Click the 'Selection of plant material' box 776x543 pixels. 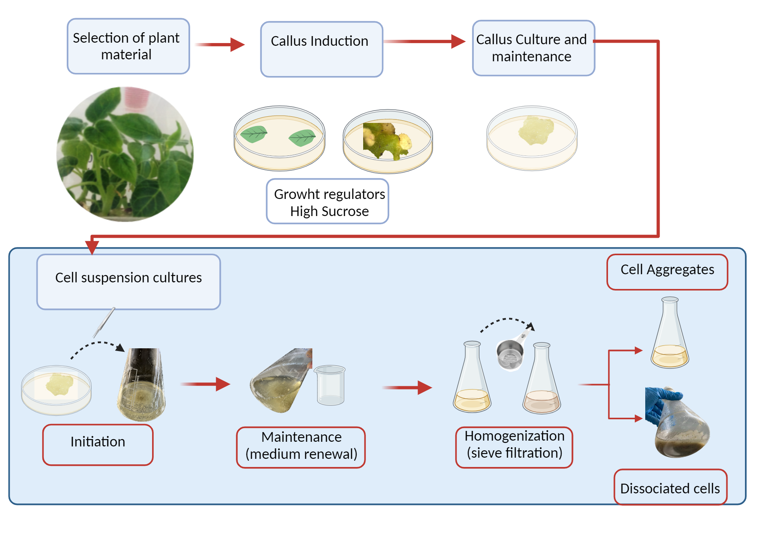[128, 46]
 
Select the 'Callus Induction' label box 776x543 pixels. [321, 49]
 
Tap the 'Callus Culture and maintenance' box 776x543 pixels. [533, 48]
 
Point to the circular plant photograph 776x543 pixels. [125, 154]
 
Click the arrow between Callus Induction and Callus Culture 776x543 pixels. [424, 41]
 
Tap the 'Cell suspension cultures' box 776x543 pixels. [128, 282]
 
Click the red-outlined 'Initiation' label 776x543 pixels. [98, 444]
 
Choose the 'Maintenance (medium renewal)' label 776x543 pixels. [301, 447]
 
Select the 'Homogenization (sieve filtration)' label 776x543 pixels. [514, 447]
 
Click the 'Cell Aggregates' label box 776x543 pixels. [667, 272]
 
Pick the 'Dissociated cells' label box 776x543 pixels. [670, 487]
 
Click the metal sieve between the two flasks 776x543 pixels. [510, 354]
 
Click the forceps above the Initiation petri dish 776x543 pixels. [104, 322]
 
